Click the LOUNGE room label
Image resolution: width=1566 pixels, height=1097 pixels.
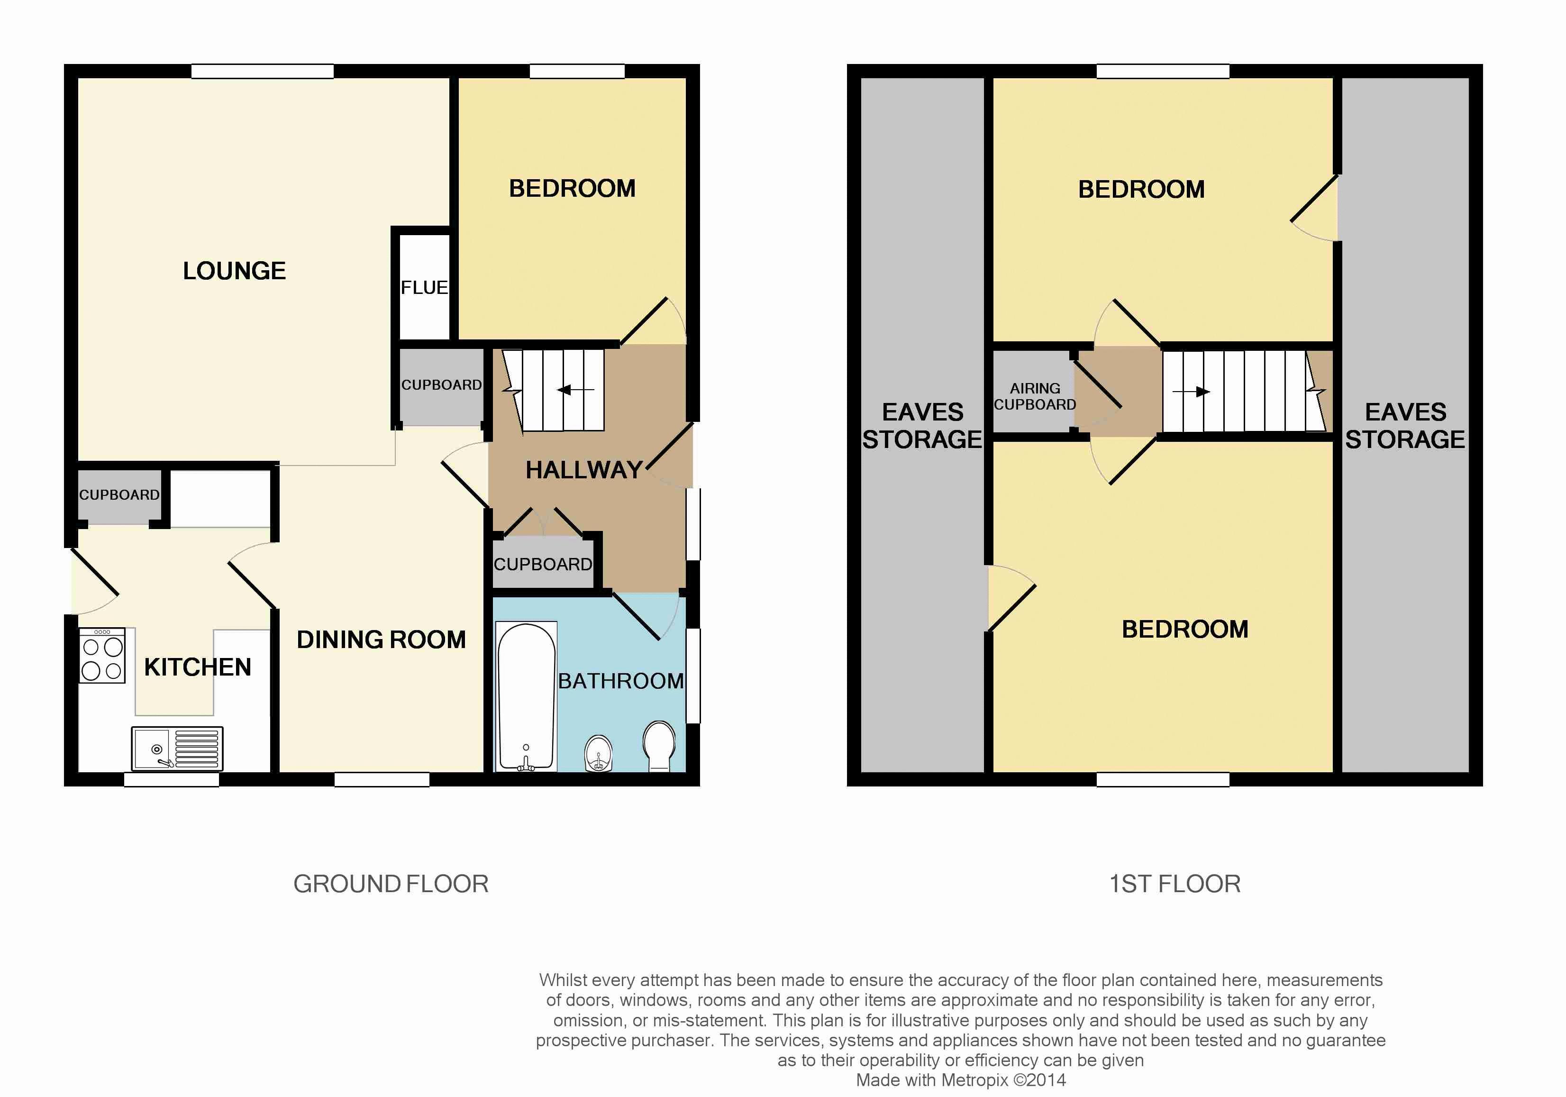(234, 271)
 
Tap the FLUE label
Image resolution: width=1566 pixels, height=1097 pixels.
(424, 288)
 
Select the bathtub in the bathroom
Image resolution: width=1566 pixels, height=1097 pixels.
(526, 696)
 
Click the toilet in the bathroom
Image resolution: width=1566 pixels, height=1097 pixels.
(659, 746)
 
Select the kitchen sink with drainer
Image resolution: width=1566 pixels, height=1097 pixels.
(177, 748)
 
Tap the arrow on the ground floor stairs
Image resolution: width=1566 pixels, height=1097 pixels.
(575, 390)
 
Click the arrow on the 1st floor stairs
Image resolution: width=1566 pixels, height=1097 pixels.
(1192, 392)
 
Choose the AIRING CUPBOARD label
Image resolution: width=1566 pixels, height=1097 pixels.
(1035, 396)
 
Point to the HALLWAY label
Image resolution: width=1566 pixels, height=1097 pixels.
(584, 470)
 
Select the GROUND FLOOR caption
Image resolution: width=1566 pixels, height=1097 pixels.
(391, 884)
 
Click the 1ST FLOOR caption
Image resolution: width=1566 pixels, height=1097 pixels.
(1174, 884)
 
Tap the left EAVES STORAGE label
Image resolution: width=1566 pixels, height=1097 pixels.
(922, 426)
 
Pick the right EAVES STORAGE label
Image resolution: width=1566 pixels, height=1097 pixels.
(1405, 426)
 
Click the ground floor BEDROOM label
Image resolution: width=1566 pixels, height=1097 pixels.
(572, 188)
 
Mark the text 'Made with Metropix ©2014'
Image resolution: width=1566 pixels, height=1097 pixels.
(961, 1080)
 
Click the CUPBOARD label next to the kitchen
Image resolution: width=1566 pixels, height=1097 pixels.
(119, 494)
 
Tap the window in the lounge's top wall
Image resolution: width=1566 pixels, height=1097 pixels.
(262, 71)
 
